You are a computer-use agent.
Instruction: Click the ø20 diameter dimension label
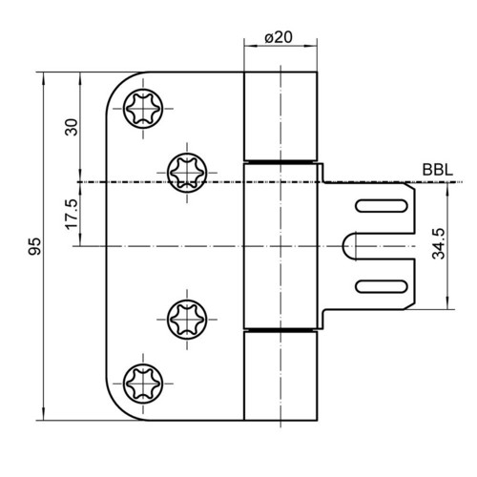point(279,37)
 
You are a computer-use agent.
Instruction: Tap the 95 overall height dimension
point(34,246)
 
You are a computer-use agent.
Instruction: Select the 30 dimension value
point(72,127)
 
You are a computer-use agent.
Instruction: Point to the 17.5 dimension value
point(72,214)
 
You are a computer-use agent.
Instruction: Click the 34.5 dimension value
point(439,243)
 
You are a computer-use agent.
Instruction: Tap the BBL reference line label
point(438,170)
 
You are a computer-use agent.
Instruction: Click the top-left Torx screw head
point(143,109)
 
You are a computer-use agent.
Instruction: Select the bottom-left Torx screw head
point(143,384)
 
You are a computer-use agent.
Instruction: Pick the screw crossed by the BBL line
point(187,173)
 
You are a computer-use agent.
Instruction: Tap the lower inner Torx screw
point(187,319)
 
